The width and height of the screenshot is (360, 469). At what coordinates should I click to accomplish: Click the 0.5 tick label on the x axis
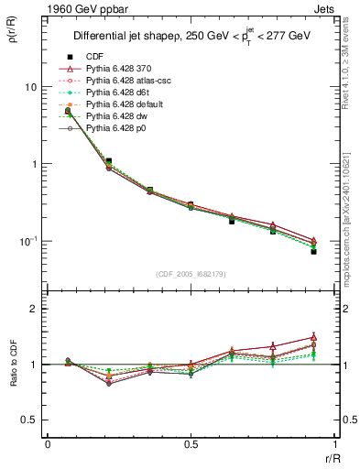(191, 445)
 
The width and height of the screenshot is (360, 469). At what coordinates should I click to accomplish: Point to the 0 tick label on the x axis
(48, 445)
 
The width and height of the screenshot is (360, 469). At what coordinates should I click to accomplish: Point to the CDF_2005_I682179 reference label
(191, 274)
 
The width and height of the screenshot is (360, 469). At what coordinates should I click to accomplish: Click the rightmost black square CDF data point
(313, 251)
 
